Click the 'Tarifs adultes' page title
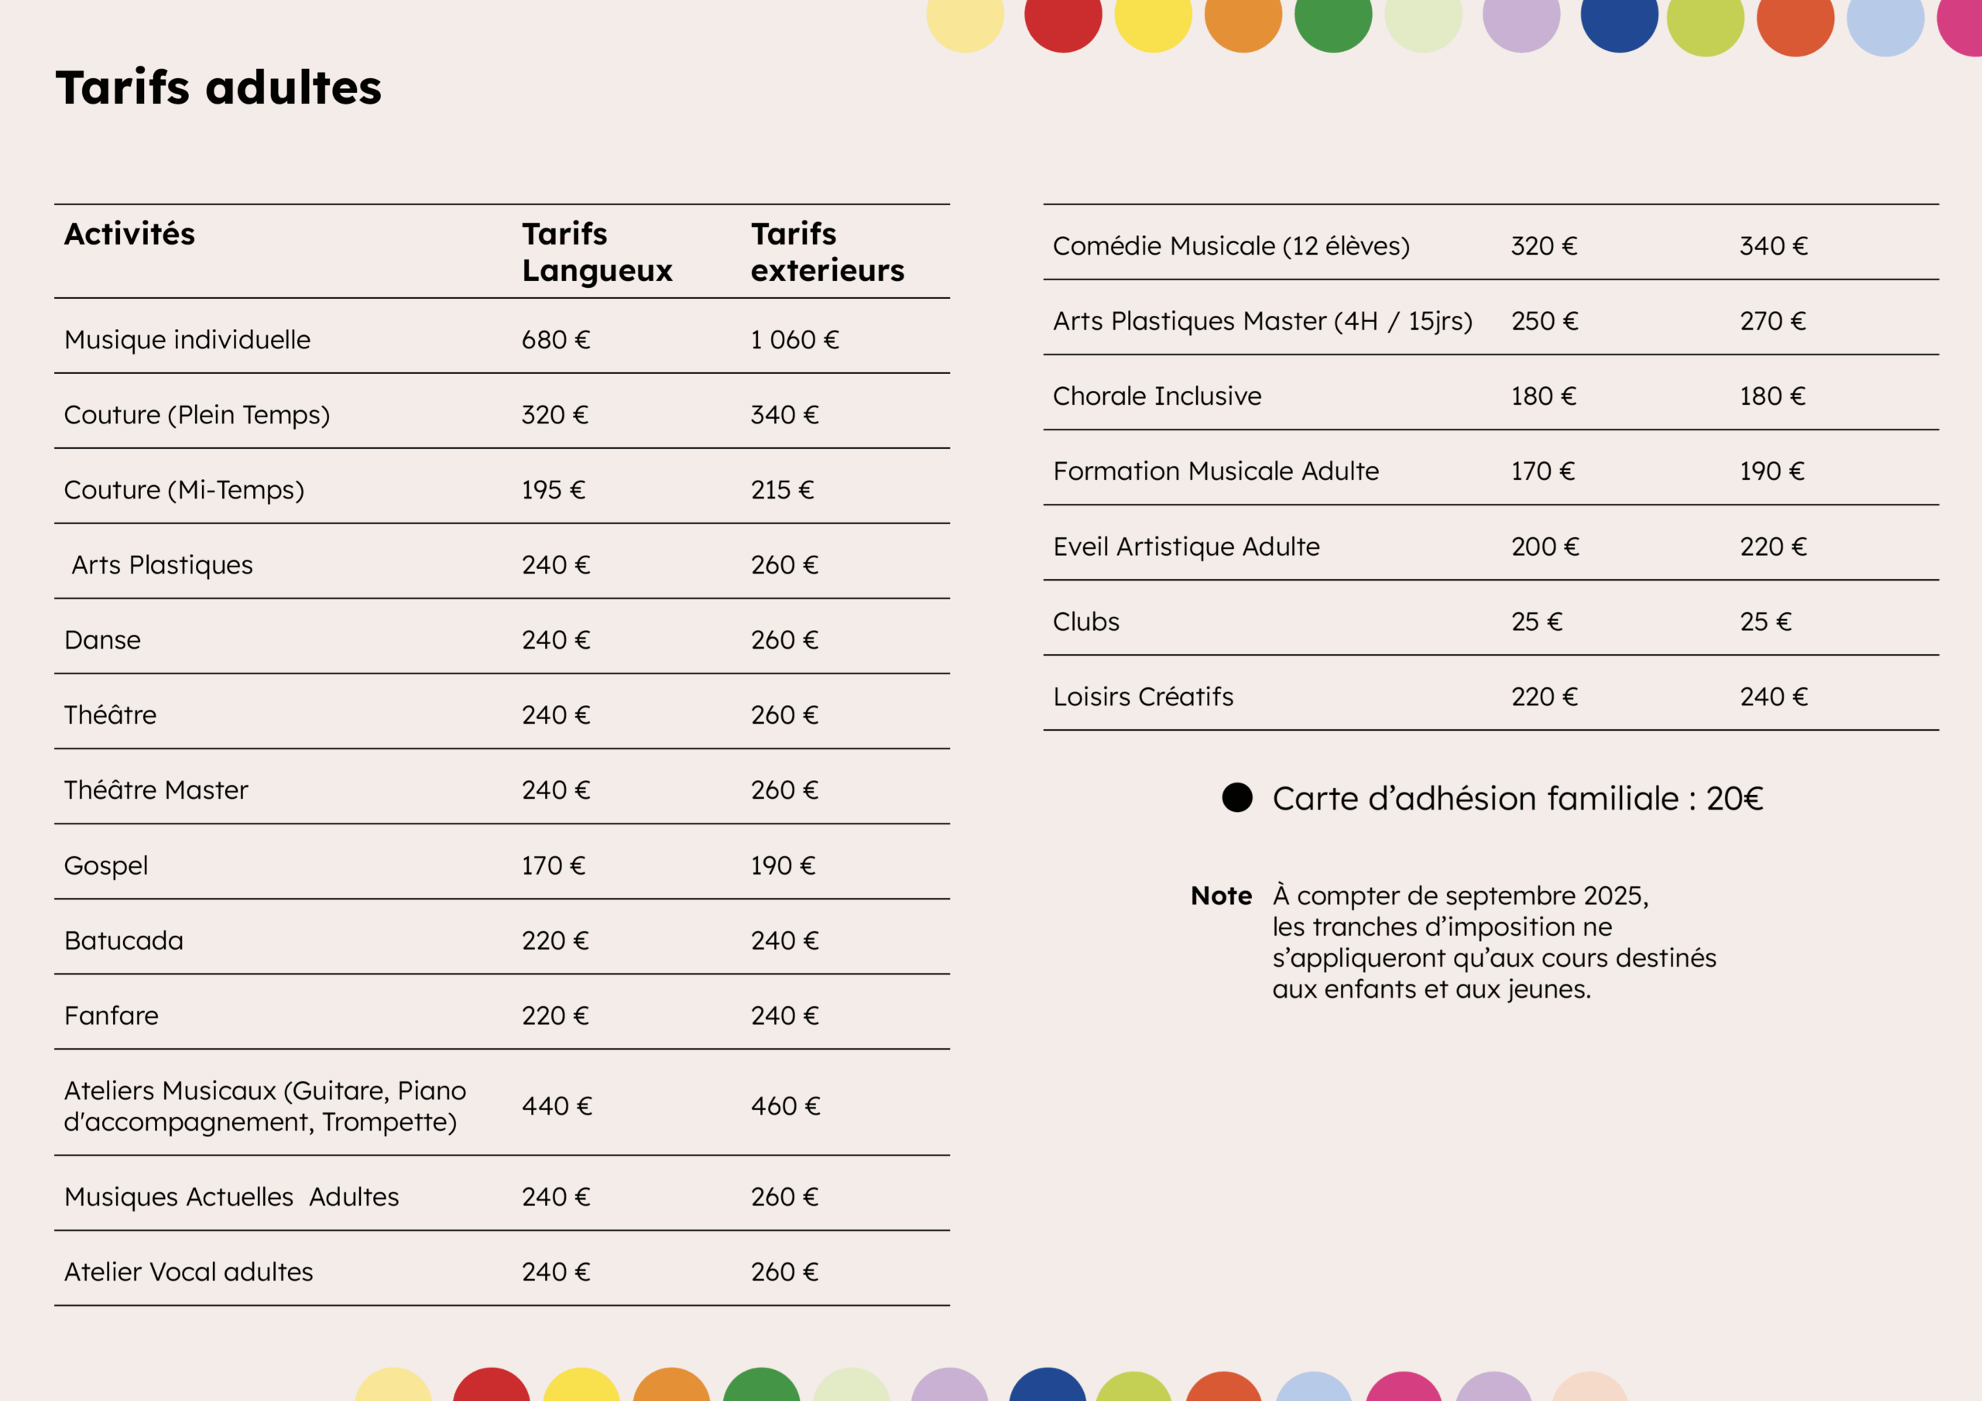(x=218, y=88)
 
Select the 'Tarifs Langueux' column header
(x=596, y=252)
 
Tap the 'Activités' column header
(x=129, y=234)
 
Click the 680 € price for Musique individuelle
(x=555, y=340)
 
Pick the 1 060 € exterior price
(x=794, y=340)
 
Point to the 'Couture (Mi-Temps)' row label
(x=183, y=490)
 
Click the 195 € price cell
(x=553, y=490)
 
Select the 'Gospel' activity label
(x=106, y=866)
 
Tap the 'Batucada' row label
(x=123, y=941)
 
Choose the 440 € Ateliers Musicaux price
(x=556, y=1106)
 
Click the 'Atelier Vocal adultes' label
(x=188, y=1273)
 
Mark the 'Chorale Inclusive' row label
(x=1157, y=396)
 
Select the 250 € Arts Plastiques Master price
(x=1544, y=321)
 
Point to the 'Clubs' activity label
(x=1086, y=622)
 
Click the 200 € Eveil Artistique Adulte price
(x=1545, y=546)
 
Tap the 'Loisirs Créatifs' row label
(x=1143, y=697)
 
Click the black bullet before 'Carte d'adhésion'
(x=1237, y=797)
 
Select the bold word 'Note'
(x=1221, y=896)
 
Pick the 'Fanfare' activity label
(x=111, y=1016)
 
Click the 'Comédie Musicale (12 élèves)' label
(x=1231, y=246)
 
